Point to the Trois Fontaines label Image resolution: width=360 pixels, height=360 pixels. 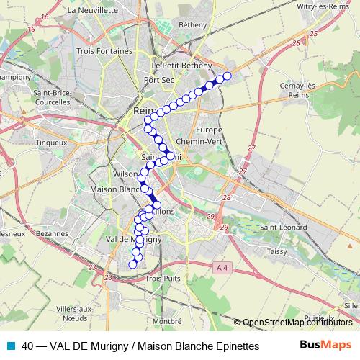pos(104,52)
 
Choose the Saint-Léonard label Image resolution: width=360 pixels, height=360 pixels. pos(283,228)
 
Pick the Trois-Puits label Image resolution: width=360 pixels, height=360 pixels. pos(162,277)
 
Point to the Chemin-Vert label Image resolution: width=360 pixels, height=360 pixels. pos(198,142)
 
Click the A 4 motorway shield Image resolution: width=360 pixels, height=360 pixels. pos(221,268)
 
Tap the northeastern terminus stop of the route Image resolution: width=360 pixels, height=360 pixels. pos(228,76)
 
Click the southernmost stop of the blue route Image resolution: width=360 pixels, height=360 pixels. pos(132,264)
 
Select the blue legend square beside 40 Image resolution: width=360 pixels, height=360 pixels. pos(10,346)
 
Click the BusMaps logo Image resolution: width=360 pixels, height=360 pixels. pos(325,345)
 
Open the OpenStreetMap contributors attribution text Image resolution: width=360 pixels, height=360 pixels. pos(297,323)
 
